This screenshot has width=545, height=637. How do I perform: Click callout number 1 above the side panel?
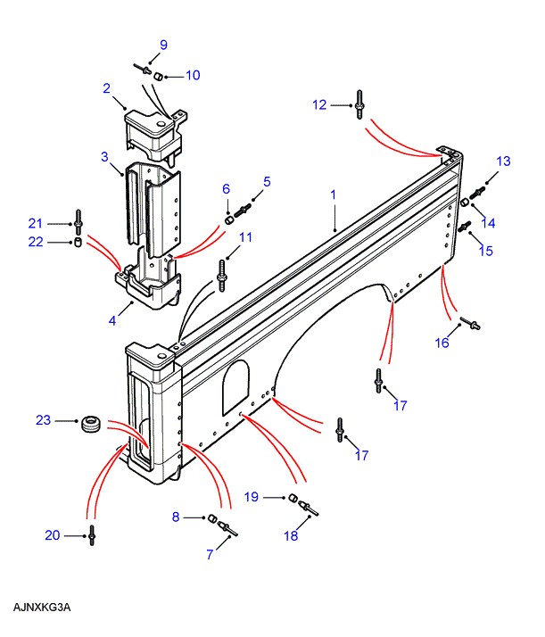click(x=333, y=194)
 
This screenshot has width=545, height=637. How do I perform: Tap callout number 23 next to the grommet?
click(x=42, y=419)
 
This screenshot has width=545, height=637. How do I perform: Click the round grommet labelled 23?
click(x=90, y=425)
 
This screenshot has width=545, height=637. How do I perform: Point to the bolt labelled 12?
click(x=359, y=104)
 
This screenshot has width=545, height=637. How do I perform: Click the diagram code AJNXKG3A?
click(x=42, y=608)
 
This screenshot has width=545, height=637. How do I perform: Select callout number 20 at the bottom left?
click(x=53, y=535)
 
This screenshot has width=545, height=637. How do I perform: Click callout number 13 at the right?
click(x=504, y=161)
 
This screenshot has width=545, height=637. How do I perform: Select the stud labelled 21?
click(x=78, y=219)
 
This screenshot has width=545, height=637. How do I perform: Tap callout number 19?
click(x=252, y=496)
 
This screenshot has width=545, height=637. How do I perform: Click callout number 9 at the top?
click(x=163, y=45)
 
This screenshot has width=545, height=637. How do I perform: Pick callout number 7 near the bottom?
click(x=211, y=554)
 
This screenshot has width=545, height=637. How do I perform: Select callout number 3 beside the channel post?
click(x=104, y=157)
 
